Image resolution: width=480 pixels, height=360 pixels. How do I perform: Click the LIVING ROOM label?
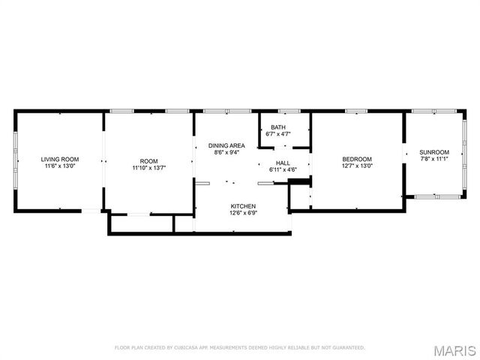coord(60,159)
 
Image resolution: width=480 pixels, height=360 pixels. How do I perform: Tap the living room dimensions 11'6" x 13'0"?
coord(60,167)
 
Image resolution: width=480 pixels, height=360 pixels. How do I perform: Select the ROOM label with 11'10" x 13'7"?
coord(149,160)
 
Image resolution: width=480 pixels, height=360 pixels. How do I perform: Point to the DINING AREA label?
coord(226,145)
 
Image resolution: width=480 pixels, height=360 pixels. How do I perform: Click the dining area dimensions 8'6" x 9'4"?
coord(226,153)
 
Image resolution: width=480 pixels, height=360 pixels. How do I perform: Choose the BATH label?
coord(278,127)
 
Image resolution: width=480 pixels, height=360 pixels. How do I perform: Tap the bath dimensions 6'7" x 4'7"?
coord(278,134)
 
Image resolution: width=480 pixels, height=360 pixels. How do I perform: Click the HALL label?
coord(283,163)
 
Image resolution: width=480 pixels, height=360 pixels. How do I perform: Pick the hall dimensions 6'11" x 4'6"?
coord(283,170)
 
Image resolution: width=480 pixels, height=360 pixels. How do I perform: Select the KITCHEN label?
coord(243,206)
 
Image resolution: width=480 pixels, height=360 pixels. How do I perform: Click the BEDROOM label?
coord(357,159)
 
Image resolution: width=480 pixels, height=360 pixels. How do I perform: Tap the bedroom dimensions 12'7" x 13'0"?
coord(357,166)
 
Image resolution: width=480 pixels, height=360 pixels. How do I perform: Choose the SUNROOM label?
coord(434,151)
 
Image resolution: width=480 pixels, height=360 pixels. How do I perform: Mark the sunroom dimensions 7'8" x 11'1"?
coord(434,159)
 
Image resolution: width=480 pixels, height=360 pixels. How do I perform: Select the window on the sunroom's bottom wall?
coord(438,197)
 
